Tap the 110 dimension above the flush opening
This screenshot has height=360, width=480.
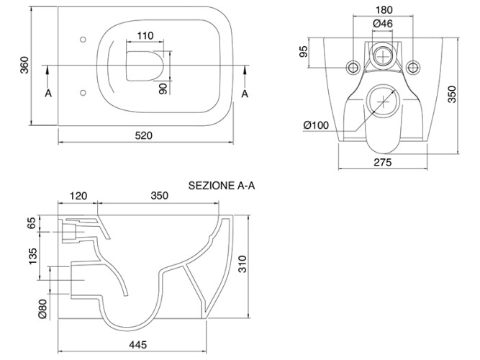pos(145,35)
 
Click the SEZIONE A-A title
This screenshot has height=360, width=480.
pos(222,185)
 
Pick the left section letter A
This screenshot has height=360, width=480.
pos(49,94)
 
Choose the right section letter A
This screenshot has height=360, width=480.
pos(245,94)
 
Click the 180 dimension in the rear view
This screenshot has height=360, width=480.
pos(382,10)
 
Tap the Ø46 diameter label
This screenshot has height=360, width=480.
pos(382,24)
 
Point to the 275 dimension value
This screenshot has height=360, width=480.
pos(382,163)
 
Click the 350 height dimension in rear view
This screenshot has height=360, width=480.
pos(452,94)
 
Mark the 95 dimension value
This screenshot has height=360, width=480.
pos(304,52)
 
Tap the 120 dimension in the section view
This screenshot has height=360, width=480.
pos(78,195)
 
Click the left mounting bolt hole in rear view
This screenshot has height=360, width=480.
pos(353,67)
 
